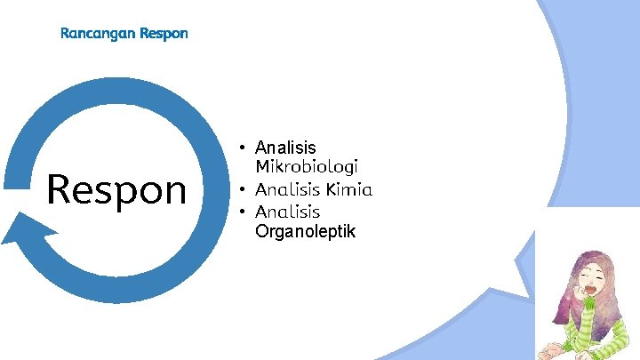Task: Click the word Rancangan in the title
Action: tap(98, 34)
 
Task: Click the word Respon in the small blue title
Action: tap(164, 34)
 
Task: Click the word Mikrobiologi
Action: tap(307, 166)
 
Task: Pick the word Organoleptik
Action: tap(305, 232)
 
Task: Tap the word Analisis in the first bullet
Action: tap(285, 147)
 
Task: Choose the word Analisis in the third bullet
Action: tap(287, 212)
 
